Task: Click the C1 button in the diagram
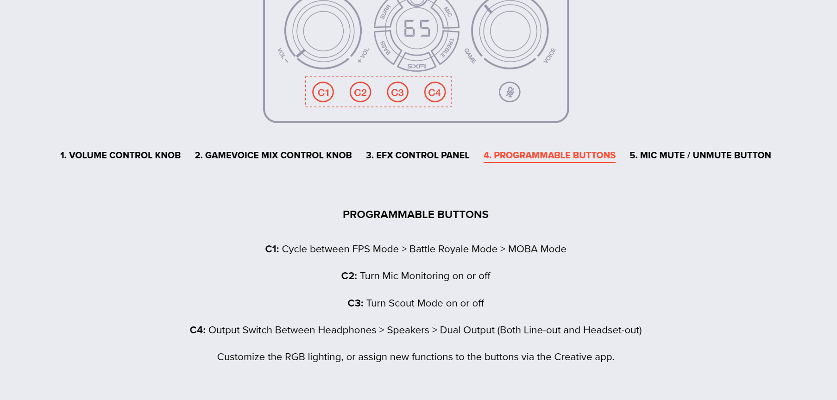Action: pos(323,92)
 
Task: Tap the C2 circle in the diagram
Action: pos(360,92)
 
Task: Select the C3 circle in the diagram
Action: pos(397,92)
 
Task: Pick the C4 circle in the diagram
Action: pos(435,92)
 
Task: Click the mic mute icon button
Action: pos(510,92)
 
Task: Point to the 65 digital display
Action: pos(417,28)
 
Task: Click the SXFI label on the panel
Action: pos(416,66)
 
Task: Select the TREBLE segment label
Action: pos(447,48)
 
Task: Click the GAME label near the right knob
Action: pos(470,56)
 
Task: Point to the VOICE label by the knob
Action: pos(549,55)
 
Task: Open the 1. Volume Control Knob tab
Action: pos(120,155)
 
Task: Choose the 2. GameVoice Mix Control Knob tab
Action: pos(273,155)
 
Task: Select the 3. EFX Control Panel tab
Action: pos(418,155)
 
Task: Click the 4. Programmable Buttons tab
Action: pos(549,155)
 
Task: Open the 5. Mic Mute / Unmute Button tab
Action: pos(700,155)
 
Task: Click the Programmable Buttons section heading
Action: pos(415,214)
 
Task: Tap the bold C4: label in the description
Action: pos(198,330)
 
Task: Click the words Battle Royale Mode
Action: pos(453,249)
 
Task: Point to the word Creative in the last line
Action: pos(573,357)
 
